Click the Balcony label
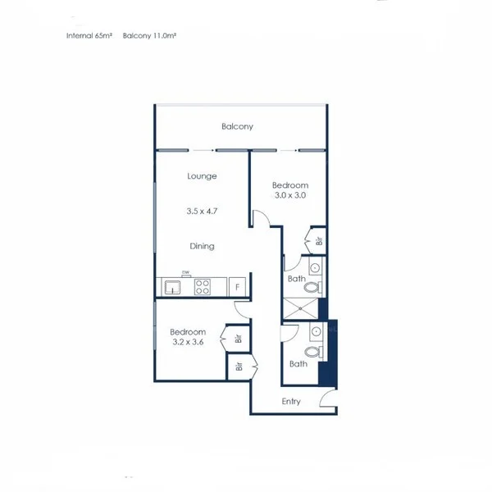237,126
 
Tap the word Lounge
202,176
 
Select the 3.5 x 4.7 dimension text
202,212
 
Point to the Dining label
202,246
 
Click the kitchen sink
173,287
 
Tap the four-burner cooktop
202,287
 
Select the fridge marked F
238,287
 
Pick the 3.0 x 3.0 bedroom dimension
289,196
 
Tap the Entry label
291,402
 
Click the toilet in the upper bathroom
316,286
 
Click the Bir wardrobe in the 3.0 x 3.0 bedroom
317,241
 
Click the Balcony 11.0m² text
151,36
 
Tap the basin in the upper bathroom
314,267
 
